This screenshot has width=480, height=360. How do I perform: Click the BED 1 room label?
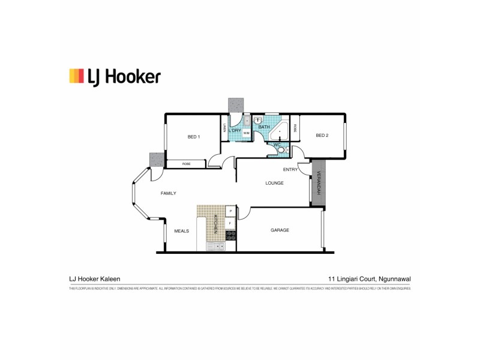(x=194, y=137)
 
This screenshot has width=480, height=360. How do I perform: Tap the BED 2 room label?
(x=322, y=136)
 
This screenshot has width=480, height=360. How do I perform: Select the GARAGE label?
(x=280, y=230)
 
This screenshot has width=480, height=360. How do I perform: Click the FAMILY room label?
(x=168, y=193)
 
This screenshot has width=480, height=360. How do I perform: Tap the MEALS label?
(x=182, y=230)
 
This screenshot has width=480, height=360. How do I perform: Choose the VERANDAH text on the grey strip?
(x=319, y=184)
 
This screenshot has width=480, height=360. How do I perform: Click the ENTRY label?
(x=290, y=169)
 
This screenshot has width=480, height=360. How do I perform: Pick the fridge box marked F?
(x=230, y=223)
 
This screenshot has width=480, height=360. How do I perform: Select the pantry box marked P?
(x=230, y=211)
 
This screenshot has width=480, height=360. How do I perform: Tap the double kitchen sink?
(x=215, y=246)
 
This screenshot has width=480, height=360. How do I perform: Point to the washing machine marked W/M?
(x=247, y=133)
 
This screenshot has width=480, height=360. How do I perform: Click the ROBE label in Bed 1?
(x=187, y=164)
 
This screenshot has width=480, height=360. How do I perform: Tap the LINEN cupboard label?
(x=224, y=128)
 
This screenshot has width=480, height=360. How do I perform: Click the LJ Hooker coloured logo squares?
(x=77, y=76)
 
